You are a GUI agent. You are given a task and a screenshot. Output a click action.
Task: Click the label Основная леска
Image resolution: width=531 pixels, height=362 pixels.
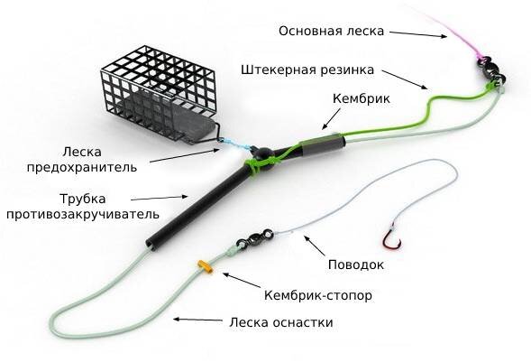[x=331, y=31]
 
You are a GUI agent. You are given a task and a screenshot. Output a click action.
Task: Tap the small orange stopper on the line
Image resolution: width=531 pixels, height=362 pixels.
[x=204, y=265]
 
